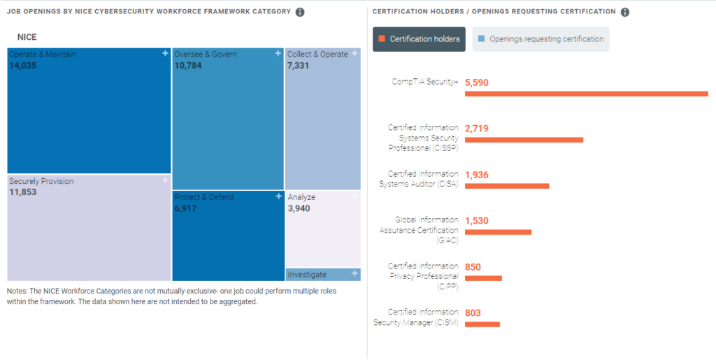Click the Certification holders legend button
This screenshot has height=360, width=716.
[420, 39]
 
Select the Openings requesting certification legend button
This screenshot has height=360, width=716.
[540, 39]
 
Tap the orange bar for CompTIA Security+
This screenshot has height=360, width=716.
[586, 94]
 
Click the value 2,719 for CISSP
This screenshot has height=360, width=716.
[477, 129]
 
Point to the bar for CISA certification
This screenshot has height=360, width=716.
[507, 186]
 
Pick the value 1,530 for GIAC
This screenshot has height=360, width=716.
[477, 221]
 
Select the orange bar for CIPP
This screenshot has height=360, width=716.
[483, 278]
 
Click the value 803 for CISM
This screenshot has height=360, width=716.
[473, 313]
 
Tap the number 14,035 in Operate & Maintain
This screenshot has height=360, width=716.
[23, 66]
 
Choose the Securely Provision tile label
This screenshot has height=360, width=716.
[41, 182]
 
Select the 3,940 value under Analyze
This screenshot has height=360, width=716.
[299, 208]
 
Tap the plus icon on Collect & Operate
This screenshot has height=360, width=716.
[355, 53]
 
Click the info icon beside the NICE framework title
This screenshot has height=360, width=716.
[300, 13]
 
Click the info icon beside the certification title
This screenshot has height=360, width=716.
[625, 13]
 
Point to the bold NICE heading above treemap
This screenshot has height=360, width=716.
[27, 37]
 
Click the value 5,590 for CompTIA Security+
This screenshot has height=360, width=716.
[477, 82]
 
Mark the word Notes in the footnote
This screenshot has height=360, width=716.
[17, 291]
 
